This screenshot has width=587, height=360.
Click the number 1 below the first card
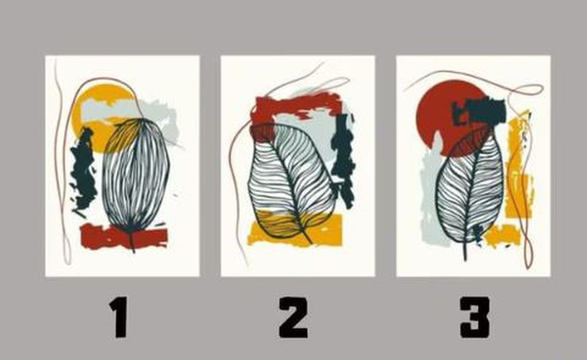point(121,318)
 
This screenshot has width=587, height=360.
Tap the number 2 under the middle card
point(293,318)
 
